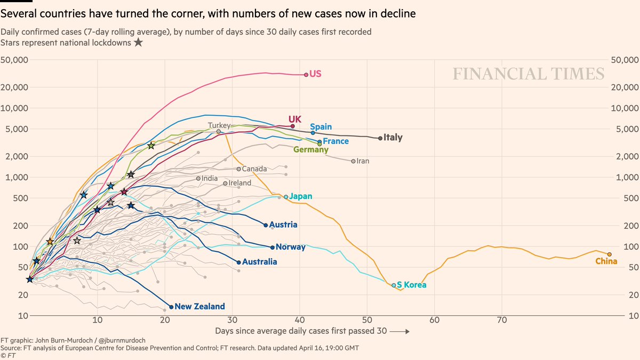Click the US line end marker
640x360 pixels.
[x=306, y=75]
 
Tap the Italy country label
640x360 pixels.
[x=393, y=138]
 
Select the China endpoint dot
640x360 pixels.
[x=610, y=254]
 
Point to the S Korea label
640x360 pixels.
[x=412, y=285]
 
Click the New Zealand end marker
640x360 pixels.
[x=171, y=307]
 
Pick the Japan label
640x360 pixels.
[x=301, y=196]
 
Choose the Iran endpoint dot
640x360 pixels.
[x=353, y=161]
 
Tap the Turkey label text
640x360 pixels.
[x=219, y=126]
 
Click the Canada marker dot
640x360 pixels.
[x=239, y=169]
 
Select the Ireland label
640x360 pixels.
[x=239, y=183]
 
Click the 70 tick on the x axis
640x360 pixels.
[x=501, y=319]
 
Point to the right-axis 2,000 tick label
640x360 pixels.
[x=624, y=156]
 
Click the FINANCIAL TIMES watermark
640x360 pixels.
[x=529, y=74]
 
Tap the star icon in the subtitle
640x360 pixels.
[x=138, y=42]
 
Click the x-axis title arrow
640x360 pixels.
[x=400, y=331]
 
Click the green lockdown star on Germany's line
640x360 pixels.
[x=151, y=146]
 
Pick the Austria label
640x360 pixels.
[x=284, y=225]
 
